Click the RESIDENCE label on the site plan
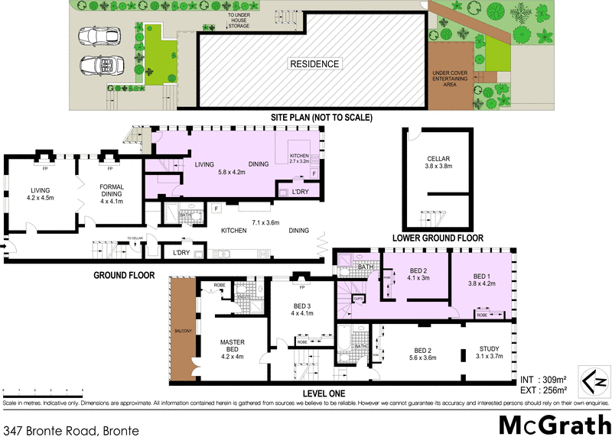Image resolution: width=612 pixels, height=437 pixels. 314,64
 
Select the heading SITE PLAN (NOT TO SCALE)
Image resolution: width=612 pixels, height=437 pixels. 321,118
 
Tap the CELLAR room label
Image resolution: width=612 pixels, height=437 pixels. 439,160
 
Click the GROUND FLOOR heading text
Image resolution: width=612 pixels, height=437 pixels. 124,275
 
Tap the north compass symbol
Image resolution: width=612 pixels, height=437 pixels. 595,380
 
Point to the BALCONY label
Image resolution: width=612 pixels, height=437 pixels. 181,331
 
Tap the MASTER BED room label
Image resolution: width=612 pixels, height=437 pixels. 233,345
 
